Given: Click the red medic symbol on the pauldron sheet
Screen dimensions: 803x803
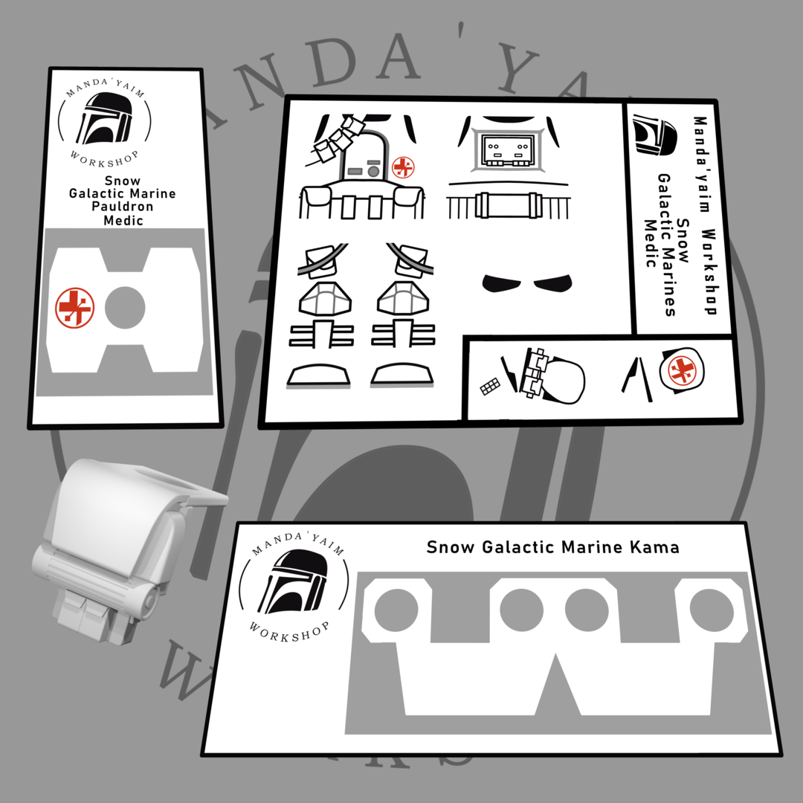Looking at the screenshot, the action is pos(75,307).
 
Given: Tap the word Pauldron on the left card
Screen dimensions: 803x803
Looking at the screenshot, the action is pos(123,207).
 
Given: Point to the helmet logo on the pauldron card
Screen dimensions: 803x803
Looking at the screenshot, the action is pos(105,118).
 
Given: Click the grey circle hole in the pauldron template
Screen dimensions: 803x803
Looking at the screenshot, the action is pos(125,307).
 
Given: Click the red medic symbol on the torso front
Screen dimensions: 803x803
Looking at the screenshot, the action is pos(403,167).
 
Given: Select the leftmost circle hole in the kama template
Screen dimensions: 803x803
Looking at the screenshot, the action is pos(396,610).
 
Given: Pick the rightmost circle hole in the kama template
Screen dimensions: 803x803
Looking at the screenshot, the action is pos(712,610).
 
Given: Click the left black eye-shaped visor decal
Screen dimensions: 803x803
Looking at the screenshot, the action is pos(501,283).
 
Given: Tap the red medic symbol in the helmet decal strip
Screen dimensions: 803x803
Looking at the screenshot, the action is pos(682,370).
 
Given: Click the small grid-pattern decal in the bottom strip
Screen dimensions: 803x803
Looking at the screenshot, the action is pos(490,386).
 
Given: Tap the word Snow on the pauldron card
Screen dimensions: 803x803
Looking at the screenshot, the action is pos(123,181).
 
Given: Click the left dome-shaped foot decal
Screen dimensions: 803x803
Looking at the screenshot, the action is pos(318,375).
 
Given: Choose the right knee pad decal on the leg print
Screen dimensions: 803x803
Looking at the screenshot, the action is pos(402,299).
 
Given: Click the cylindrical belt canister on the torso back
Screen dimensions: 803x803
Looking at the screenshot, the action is pos(508,205).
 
